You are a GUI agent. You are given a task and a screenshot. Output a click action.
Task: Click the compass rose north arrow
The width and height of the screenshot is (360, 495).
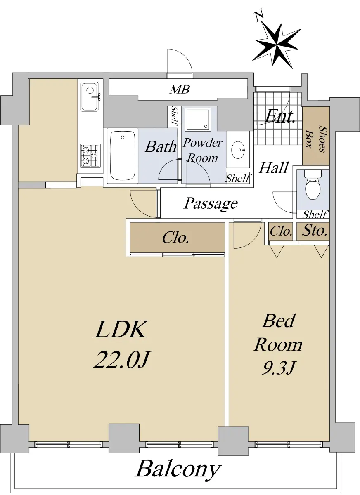pos(277,43)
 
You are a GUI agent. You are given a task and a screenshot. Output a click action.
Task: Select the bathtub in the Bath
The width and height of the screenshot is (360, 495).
pos(123,156)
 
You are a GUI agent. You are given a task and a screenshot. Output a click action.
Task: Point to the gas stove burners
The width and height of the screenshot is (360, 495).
pos(90,155)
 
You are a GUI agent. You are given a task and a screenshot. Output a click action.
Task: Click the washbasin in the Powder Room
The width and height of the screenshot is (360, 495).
pos(238,150)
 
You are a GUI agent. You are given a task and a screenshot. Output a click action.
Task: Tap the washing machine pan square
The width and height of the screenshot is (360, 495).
pos(198,120)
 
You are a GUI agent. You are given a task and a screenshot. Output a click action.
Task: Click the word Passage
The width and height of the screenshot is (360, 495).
pos(211,203)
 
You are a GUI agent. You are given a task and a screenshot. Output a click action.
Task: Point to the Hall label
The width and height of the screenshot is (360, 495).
pos(274,167)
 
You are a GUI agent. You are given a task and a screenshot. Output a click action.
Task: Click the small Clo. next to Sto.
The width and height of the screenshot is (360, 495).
pos(281,231)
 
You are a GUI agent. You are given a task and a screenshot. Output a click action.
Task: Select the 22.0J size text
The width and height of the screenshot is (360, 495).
pos(121,360)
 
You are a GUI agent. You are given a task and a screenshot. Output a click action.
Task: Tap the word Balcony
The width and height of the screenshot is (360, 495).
pos(178,469)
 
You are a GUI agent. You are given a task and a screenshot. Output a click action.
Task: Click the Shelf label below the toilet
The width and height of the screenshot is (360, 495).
pos(315,214)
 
